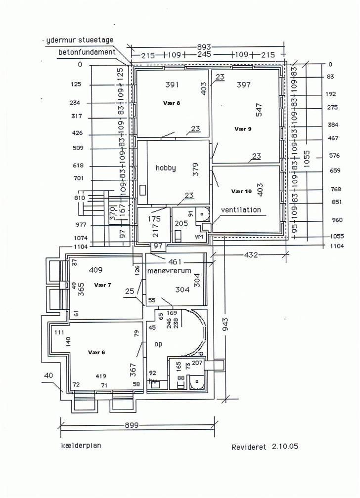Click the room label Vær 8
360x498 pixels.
coord(172,103)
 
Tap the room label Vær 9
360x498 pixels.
coord(243,128)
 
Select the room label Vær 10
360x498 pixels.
coord(241,191)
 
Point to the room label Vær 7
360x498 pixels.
coord(102,286)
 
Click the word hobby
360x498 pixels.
coord(166,168)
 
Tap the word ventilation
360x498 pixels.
coord(241,209)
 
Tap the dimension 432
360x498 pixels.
coord(250,255)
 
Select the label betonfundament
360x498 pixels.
coord(87,52)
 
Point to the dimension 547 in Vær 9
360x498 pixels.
coord(259,110)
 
